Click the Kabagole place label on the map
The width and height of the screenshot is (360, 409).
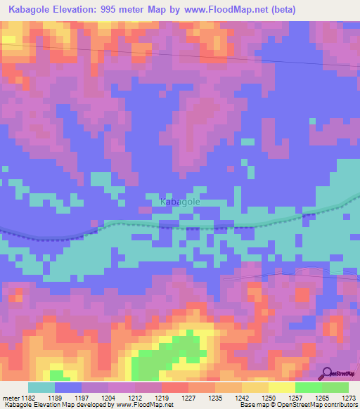coord(180,202)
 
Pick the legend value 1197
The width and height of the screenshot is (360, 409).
coord(94,398)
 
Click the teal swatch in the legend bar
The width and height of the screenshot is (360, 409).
coord(41,387)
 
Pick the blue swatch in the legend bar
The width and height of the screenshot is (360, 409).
coord(67,387)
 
